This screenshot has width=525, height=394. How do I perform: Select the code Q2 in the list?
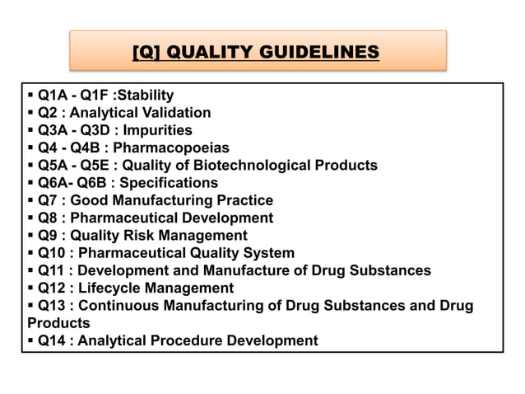[49, 112]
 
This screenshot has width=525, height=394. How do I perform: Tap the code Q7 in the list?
[49, 200]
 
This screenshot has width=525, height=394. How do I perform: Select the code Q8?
[49, 218]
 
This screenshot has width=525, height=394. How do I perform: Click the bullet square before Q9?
[30, 235]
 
